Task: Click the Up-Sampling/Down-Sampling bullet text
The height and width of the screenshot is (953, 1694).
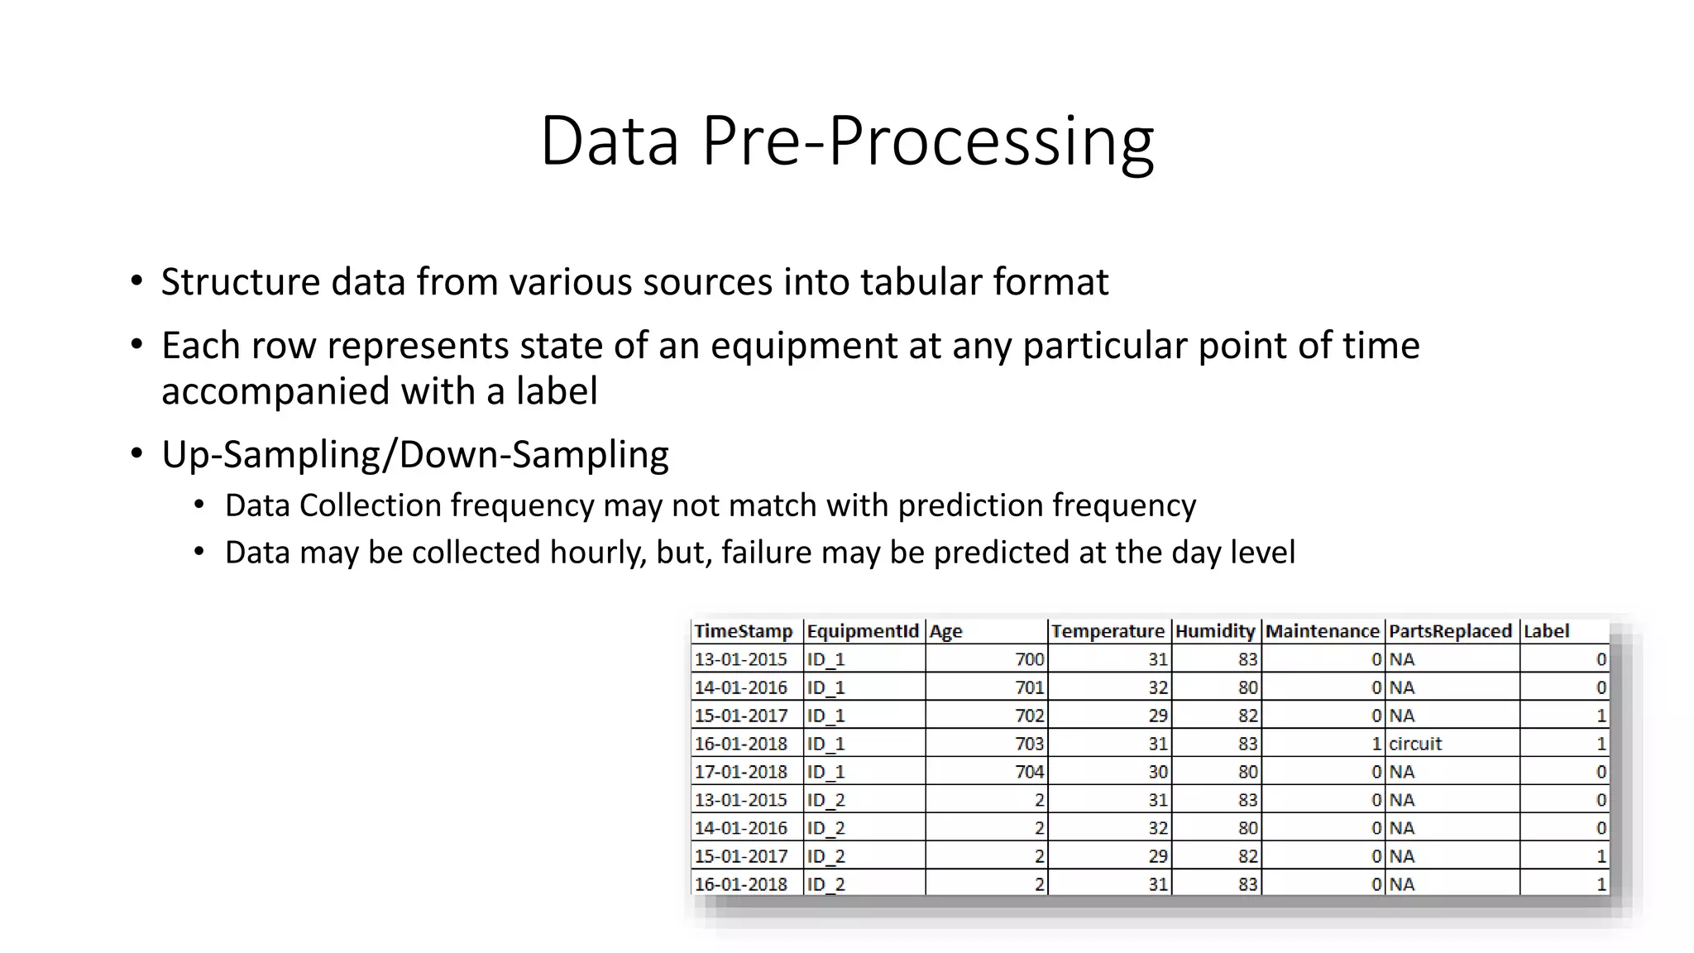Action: click(x=414, y=455)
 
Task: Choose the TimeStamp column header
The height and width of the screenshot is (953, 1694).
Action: click(x=743, y=631)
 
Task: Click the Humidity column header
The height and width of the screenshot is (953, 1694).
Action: click(x=1214, y=631)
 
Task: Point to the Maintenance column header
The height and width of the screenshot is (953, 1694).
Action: click(x=1322, y=631)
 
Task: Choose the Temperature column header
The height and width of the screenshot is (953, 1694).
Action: click(x=1108, y=631)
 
